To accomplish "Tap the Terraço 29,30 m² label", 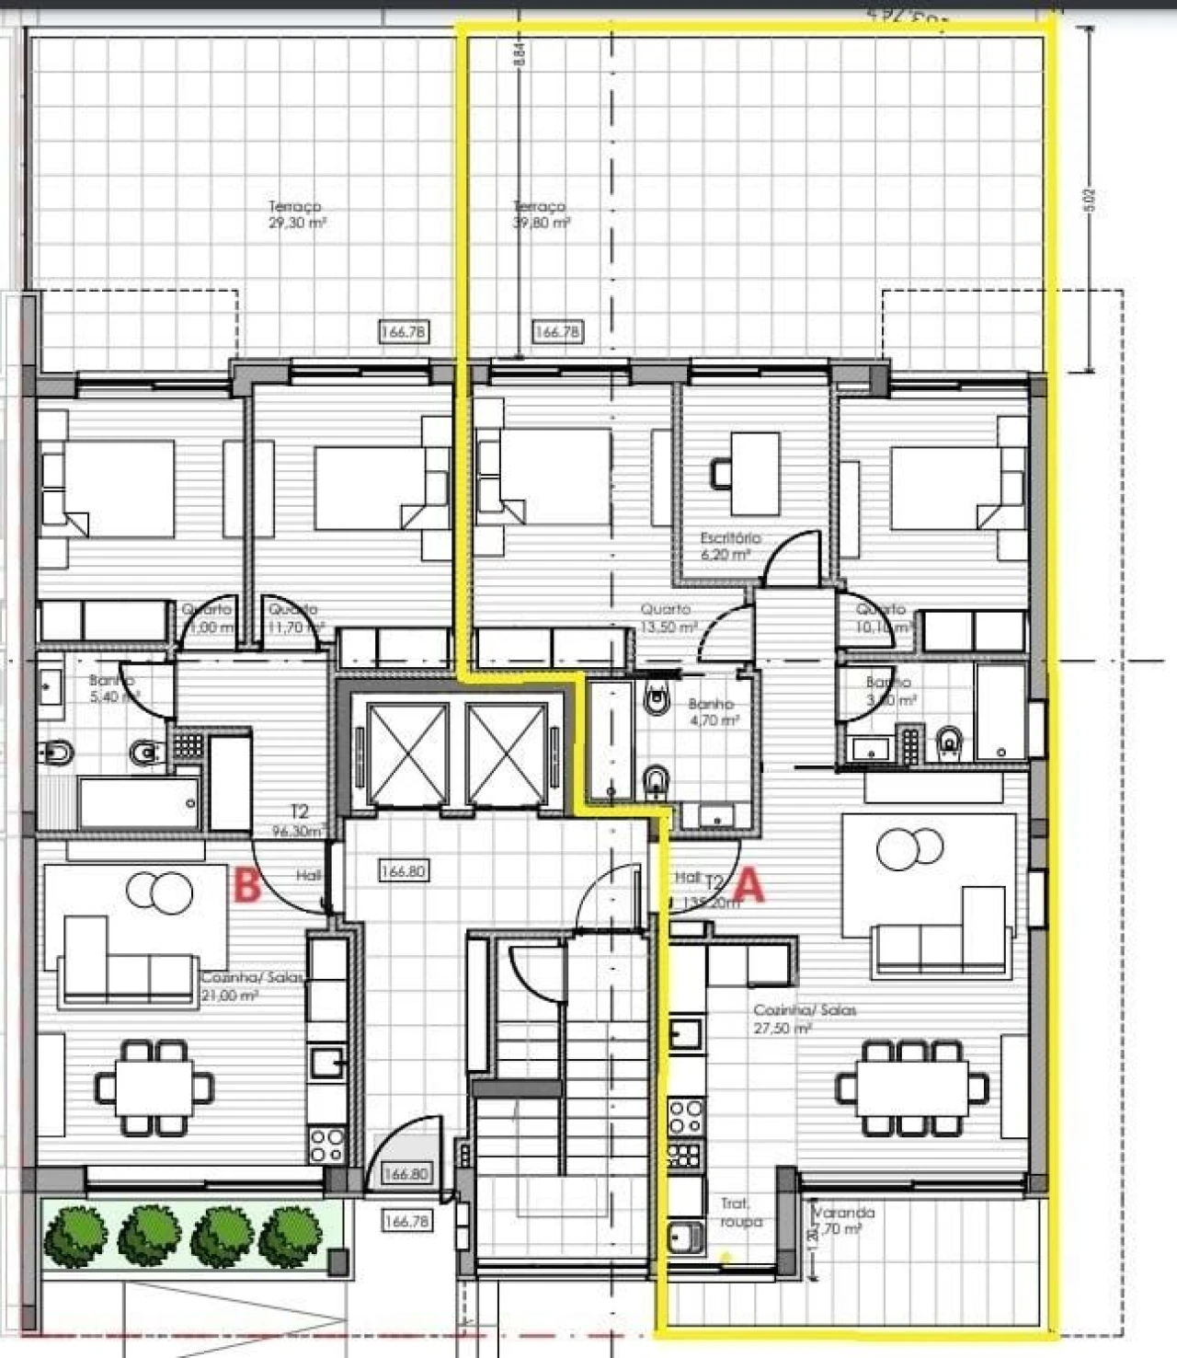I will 296,214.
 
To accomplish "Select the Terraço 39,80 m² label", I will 541,214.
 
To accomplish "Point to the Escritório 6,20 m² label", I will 730,545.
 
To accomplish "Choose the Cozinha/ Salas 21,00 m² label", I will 250,986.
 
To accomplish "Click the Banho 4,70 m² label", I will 713,711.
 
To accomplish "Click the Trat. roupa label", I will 736,1212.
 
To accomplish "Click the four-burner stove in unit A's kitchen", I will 686,1116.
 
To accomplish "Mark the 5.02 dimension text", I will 1090,200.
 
